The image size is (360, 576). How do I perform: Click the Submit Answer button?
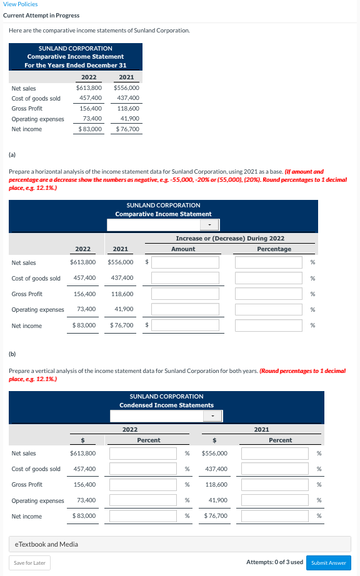(328, 562)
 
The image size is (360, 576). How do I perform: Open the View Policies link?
(20, 4)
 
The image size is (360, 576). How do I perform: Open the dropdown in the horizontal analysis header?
(162, 225)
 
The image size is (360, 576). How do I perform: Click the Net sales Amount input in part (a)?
(185, 263)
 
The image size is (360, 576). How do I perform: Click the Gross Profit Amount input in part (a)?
(185, 294)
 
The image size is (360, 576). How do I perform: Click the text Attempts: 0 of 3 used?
(274, 562)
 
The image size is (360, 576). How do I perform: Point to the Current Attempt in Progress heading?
(41, 16)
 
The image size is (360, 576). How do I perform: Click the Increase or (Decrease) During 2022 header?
(230, 239)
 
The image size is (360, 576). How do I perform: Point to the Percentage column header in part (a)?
(274, 249)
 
